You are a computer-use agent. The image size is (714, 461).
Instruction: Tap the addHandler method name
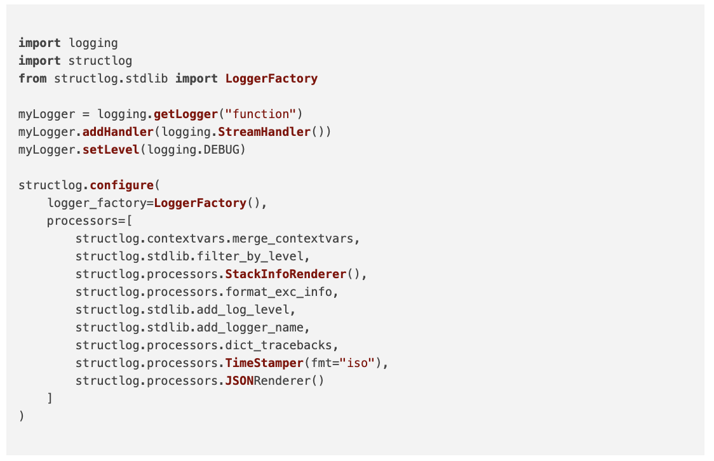(x=118, y=132)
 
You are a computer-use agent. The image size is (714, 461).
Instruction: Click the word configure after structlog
(x=122, y=185)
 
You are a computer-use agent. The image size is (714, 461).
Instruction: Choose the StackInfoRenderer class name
(x=286, y=274)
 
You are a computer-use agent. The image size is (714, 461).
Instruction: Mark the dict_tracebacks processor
(x=279, y=345)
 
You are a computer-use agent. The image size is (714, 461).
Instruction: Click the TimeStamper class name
(x=264, y=363)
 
